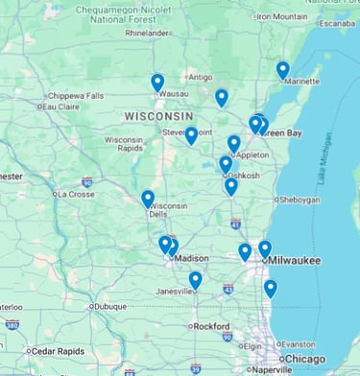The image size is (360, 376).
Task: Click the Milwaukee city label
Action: (295, 260)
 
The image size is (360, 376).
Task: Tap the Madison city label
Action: (192, 258)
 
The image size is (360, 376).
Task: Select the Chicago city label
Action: (304, 359)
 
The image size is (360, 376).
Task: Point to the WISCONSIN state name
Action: (158, 116)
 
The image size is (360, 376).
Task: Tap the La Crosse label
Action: (76, 194)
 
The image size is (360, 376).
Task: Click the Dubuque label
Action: (110, 307)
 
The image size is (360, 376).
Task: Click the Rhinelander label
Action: (146, 33)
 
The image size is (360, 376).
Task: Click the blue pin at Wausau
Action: (157, 82)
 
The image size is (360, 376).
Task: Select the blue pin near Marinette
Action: (282, 70)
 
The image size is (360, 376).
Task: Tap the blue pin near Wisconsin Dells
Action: (148, 199)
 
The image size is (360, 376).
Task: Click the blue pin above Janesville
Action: (195, 279)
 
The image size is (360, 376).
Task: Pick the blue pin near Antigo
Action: (222, 97)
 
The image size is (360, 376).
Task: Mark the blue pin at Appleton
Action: (233, 143)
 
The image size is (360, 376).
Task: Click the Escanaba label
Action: (337, 23)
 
